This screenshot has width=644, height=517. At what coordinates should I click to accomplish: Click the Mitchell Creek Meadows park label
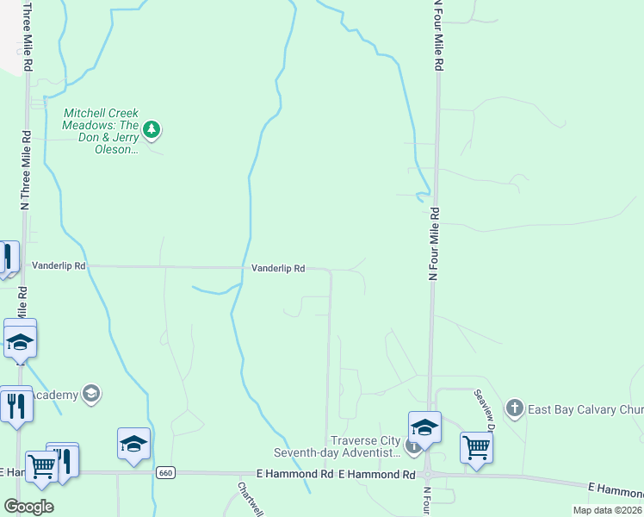[x=100, y=131]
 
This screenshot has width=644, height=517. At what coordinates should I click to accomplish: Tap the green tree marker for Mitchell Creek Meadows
[x=152, y=130]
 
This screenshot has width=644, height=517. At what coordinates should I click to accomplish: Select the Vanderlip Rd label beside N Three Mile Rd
[x=59, y=267]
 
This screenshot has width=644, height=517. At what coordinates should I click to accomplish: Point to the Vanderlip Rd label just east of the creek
[x=278, y=269]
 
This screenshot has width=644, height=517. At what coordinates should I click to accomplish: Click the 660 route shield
[x=166, y=472]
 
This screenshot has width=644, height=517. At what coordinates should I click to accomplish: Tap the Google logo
[x=28, y=507]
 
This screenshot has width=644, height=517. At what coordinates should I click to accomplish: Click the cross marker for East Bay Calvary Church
[x=515, y=408]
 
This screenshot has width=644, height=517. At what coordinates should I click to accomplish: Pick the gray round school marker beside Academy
[x=91, y=395]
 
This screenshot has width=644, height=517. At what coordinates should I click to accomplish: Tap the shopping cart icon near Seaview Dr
[x=476, y=446]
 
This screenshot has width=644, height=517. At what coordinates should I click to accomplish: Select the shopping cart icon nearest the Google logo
[x=40, y=466]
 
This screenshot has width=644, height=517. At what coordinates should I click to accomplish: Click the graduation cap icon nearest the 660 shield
[x=133, y=443]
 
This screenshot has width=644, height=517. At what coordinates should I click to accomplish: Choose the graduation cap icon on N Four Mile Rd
[x=424, y=427]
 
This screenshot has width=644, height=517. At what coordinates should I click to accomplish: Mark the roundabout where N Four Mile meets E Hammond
[x=427, y=474]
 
